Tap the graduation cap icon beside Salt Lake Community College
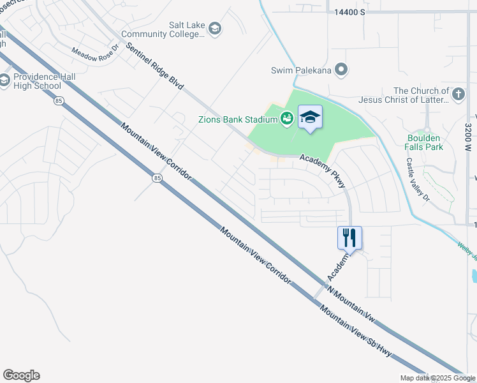pyautogui.click(x=215, y=28)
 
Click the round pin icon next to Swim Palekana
pyautogui.click(x=341, y=70)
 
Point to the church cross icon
pyautogui.click(x=458, y=94)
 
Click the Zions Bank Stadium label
pyautogui.click(x=237, y=118)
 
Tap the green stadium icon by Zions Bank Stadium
pyautogui.click(x=286, y=118)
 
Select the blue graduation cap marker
pyautogui.click(x=310, y=117)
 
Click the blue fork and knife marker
pyautogui.click(x=349, y=238)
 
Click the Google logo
pyautogui.click(x=22, y=375)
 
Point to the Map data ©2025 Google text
pyautogui.click(x=437, y=378)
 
